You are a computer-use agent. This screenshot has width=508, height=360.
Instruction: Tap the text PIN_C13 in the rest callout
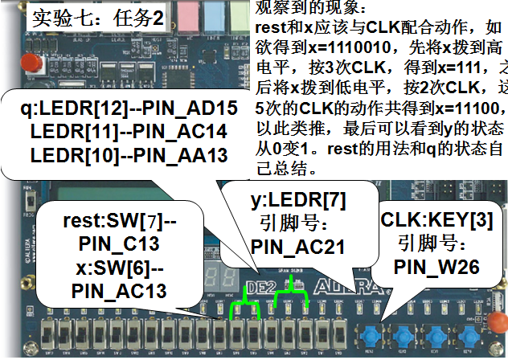[x=119, y=242]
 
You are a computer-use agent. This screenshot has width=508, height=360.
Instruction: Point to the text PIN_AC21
[x=297, y=247]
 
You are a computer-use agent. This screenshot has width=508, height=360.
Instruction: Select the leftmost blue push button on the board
[x=371, y=333]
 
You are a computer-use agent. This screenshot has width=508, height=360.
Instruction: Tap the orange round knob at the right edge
[x=498, y=325]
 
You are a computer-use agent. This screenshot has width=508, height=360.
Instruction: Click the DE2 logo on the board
[x=259, y=285]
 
